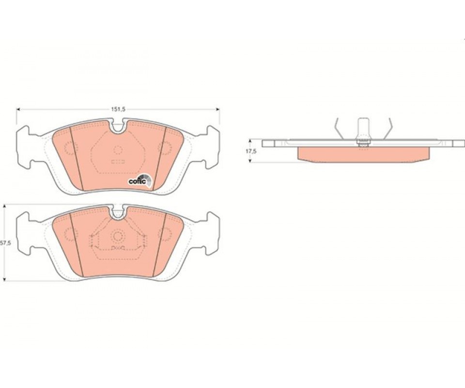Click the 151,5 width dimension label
point(118,109)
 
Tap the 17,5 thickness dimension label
point(250,151)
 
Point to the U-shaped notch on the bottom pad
point(118,212)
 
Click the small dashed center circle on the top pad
point(118,150)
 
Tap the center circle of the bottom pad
point(118,236)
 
